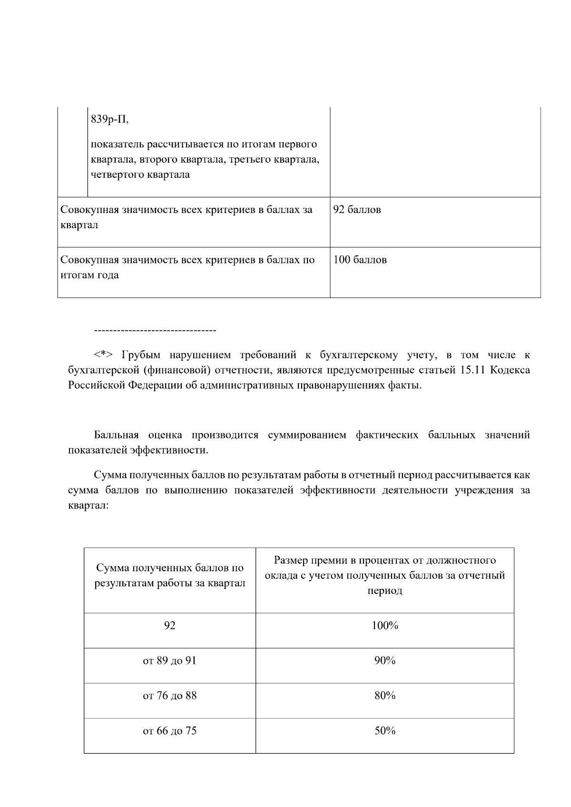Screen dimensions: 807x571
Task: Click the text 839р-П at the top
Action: [x=109, y=120]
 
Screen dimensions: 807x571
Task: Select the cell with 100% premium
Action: [x=384, y=626]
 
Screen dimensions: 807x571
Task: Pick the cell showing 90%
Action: [x=384, y=661]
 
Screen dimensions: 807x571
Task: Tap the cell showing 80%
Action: [x=384, y=696]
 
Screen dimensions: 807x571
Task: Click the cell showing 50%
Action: [x=384, y=731]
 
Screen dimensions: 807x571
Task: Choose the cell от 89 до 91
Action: [x=169, y=661]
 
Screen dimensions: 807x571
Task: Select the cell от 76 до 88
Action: [x=169, y=696]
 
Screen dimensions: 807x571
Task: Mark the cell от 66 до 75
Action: [x=169, y=731]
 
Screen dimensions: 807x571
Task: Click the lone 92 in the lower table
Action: [x=169, y=626]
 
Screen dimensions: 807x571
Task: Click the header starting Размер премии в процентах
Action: [x=384, y=575]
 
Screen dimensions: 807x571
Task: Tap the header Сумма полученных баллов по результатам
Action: [x=169, y=575]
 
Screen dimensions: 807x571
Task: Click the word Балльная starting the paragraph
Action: [x=116, y=435]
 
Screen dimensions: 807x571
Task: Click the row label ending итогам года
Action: [x=187, y=268]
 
